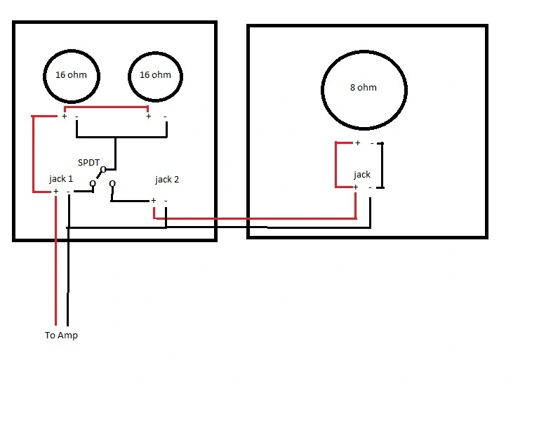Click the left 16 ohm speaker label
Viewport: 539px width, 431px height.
click(x=71, y=75)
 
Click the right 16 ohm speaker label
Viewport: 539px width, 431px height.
click(x=155, y=75)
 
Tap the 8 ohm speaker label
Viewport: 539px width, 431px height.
click(x=364, y=87)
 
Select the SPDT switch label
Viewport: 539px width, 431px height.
click(x=88, y=163)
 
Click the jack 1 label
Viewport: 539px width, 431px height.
click(x=61, y=179)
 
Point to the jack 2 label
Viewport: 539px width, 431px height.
click(x=167, y=180)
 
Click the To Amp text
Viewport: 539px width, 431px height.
click(x=61, y=335)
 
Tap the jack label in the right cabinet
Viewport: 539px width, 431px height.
click(x=362, y=175)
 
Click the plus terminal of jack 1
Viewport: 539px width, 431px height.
click(x=56, y=191)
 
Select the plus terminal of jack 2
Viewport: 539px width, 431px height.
click(x=153, y=200)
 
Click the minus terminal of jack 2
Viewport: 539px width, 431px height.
click(x=166, y=201)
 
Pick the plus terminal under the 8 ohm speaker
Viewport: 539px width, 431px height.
click(x=357, y=142)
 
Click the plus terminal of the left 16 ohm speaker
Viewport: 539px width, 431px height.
click(x=64, y=116)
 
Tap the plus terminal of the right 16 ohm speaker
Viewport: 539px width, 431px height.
click(x=149, y=116)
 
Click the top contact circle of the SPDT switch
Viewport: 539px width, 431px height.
click(x=102, y=169)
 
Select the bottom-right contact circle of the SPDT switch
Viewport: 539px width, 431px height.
click(x=112, y=184)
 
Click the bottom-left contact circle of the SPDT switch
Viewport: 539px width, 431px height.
click(x=93, y=184)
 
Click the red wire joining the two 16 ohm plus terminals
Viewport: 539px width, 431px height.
click(x=106, y=107)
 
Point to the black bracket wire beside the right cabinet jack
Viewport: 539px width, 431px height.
click(x=382, y=165)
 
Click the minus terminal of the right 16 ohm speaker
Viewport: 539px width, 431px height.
click(x=166, y=117)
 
